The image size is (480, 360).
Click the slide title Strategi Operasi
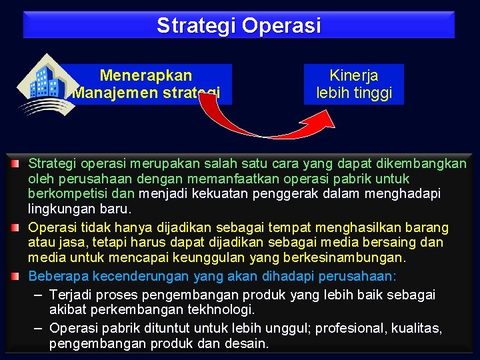[x=239, y=25]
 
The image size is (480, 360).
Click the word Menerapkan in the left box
[x=145, y=76]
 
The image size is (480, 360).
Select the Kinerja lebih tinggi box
[x=354, y=85]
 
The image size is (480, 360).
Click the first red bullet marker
[x=14, y=163]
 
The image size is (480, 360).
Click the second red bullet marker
[x=14, y=227]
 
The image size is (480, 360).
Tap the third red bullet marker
[x=14, y=275]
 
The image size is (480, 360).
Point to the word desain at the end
[x=247, y=345]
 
